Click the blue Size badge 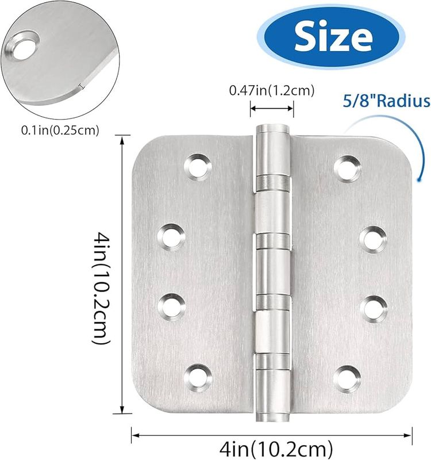pos(333,37)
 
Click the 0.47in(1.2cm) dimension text pos(272,90)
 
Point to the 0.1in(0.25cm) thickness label pos(60,130)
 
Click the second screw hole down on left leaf pos(170,236)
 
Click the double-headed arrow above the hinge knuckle pos(272,107)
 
